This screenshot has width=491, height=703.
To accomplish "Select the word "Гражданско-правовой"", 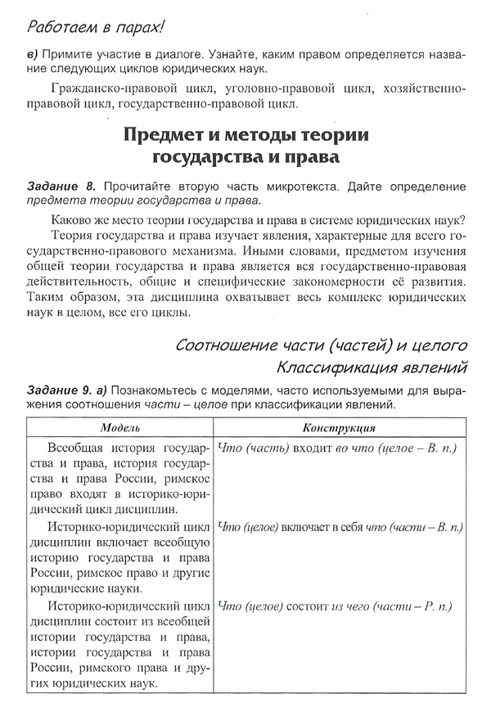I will point(110,88).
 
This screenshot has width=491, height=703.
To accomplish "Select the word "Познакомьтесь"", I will point(177,390).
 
